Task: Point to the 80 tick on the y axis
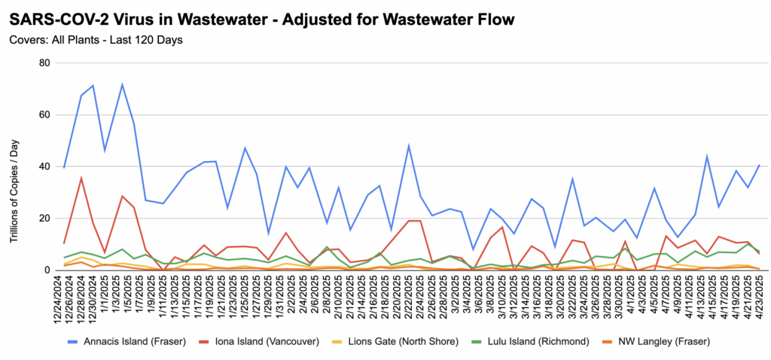(44, 63)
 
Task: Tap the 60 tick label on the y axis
(44, 115)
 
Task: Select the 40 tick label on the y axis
(44, 166)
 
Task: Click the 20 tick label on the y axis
(44, 218)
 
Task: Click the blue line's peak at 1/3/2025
(122, 85)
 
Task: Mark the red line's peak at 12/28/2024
(81, 178)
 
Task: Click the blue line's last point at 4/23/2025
(758, 165)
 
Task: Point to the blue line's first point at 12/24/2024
(65, 167)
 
